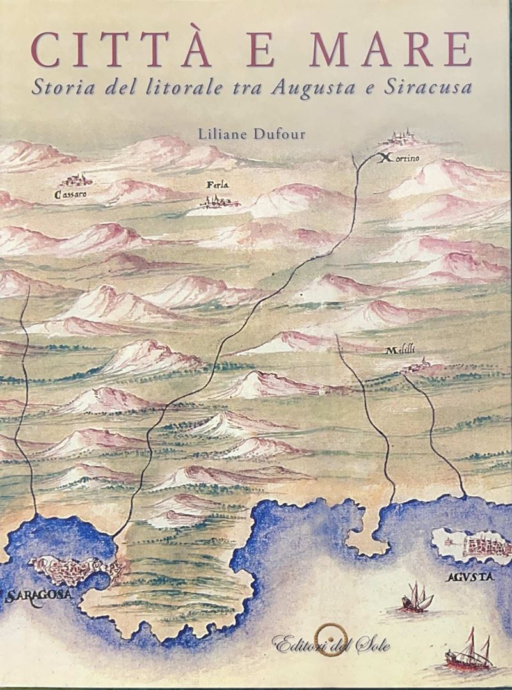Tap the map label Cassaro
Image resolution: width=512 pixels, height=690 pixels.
click(71, 194)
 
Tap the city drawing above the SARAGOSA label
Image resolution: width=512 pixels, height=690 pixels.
click(74, 567)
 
